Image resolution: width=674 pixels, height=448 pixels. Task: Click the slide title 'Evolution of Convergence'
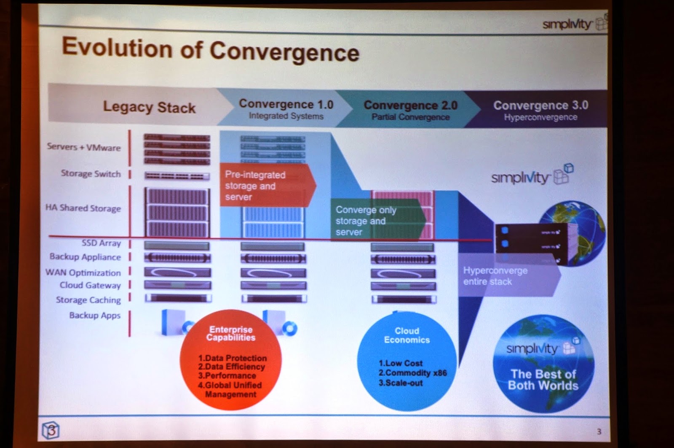click(211, 49)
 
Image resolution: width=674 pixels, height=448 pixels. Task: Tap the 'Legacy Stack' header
click(149, 107)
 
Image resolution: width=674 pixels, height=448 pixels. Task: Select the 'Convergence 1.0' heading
click(286, 104)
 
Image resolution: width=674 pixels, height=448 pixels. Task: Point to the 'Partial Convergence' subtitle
click(410, 117)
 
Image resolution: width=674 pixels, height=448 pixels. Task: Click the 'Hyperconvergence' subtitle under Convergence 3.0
click(540, 117)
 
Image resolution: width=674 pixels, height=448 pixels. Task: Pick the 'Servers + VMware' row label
click(83, 147)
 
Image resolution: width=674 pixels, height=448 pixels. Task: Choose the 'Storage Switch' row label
click(91, 173)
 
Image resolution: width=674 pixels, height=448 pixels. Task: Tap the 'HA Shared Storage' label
click(83, 208)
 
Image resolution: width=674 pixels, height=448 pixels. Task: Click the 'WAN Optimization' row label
click(83, 273)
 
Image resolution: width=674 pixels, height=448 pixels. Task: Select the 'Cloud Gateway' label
click(90, 285)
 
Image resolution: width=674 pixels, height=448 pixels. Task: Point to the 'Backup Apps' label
click(95, 315)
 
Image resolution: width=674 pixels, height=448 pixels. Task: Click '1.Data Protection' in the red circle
click(232, 358)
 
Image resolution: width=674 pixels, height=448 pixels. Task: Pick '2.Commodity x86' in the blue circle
click(412, 373)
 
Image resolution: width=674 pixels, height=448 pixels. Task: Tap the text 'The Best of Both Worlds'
click(543, 380)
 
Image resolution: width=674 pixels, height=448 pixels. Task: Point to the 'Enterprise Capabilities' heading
click(230, 333)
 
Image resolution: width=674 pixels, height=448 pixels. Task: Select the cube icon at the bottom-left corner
click(51, 430)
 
